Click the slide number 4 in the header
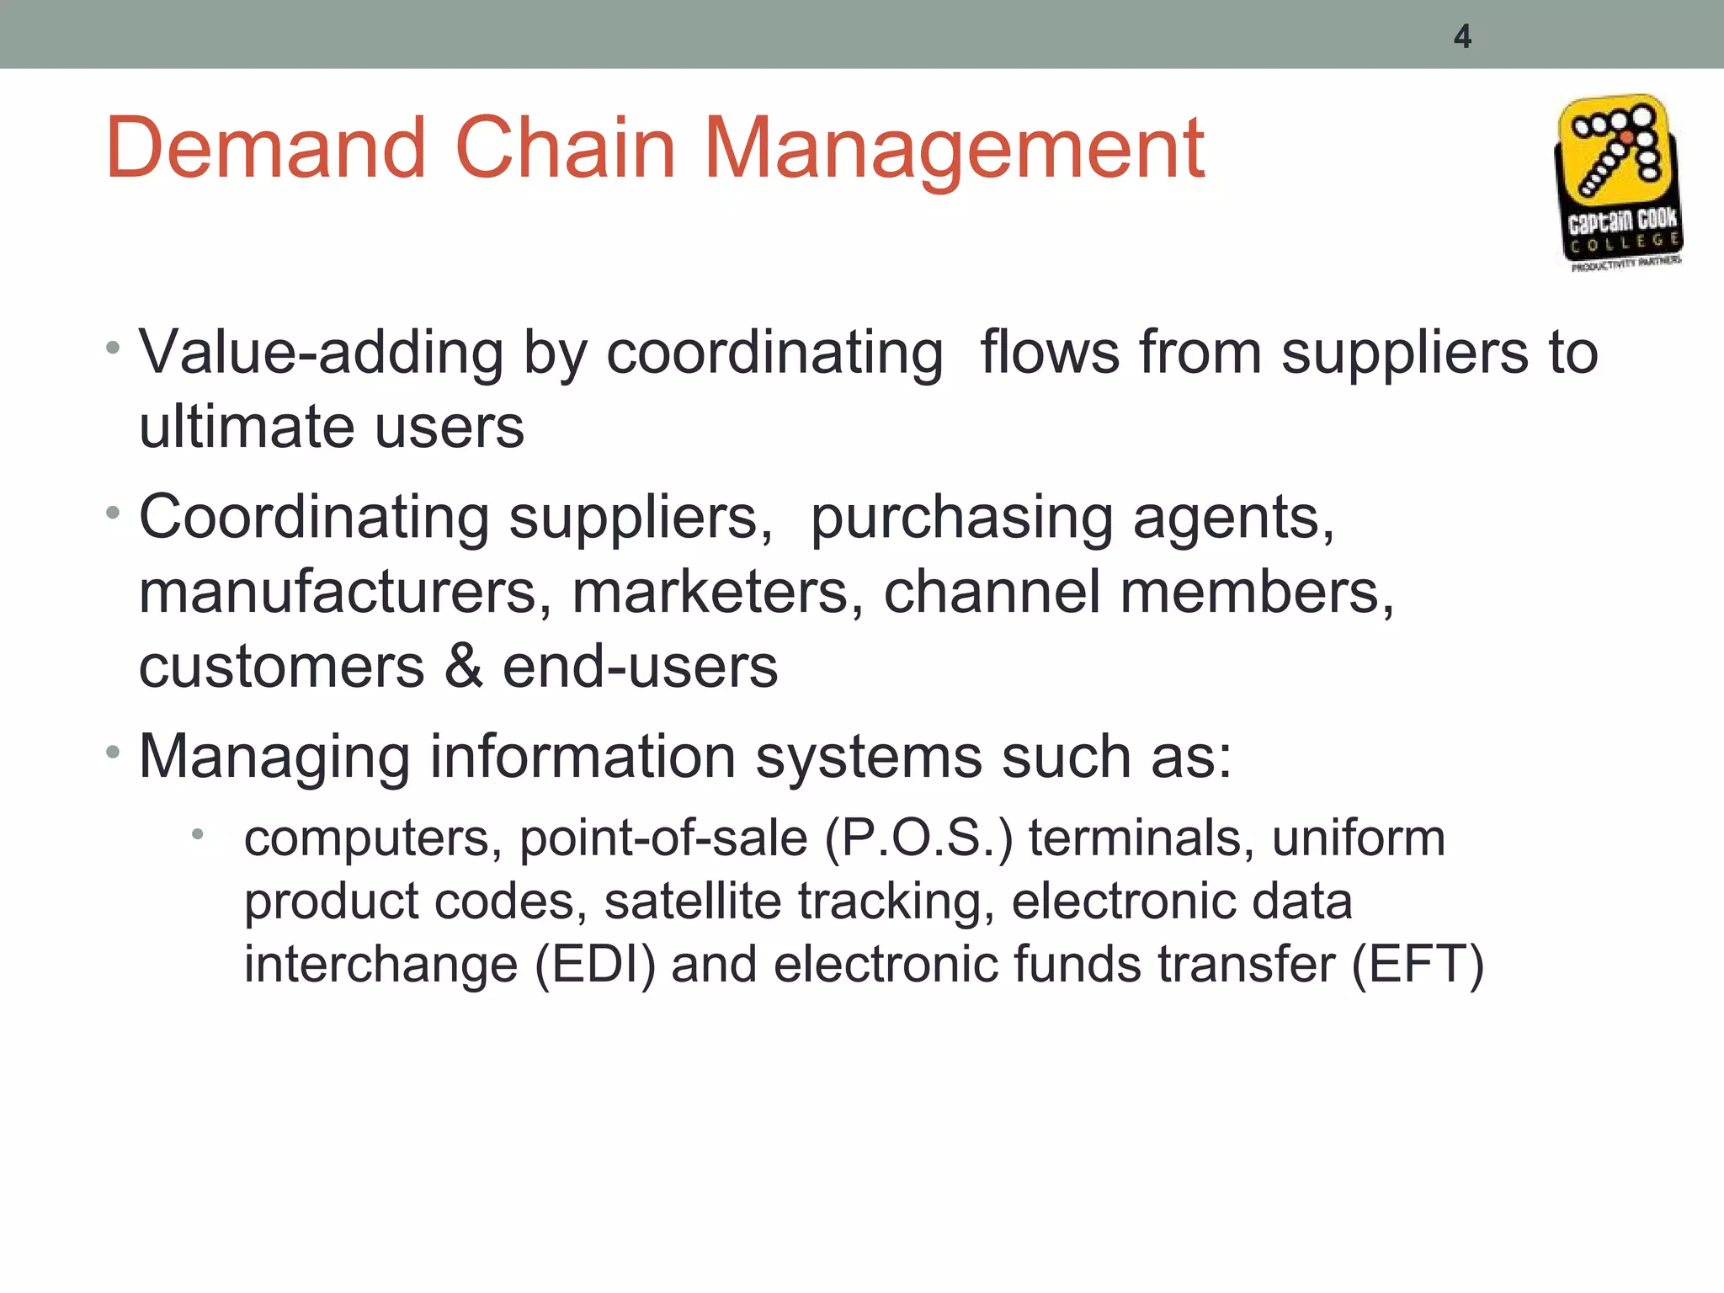1462,37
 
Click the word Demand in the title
266,149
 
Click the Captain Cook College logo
1619,183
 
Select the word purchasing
961,519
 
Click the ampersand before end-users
463,666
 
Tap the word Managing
274,758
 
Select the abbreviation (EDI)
595,964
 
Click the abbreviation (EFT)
1418,964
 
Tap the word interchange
380,964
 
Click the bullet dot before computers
198,835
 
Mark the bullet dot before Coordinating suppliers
114,513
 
